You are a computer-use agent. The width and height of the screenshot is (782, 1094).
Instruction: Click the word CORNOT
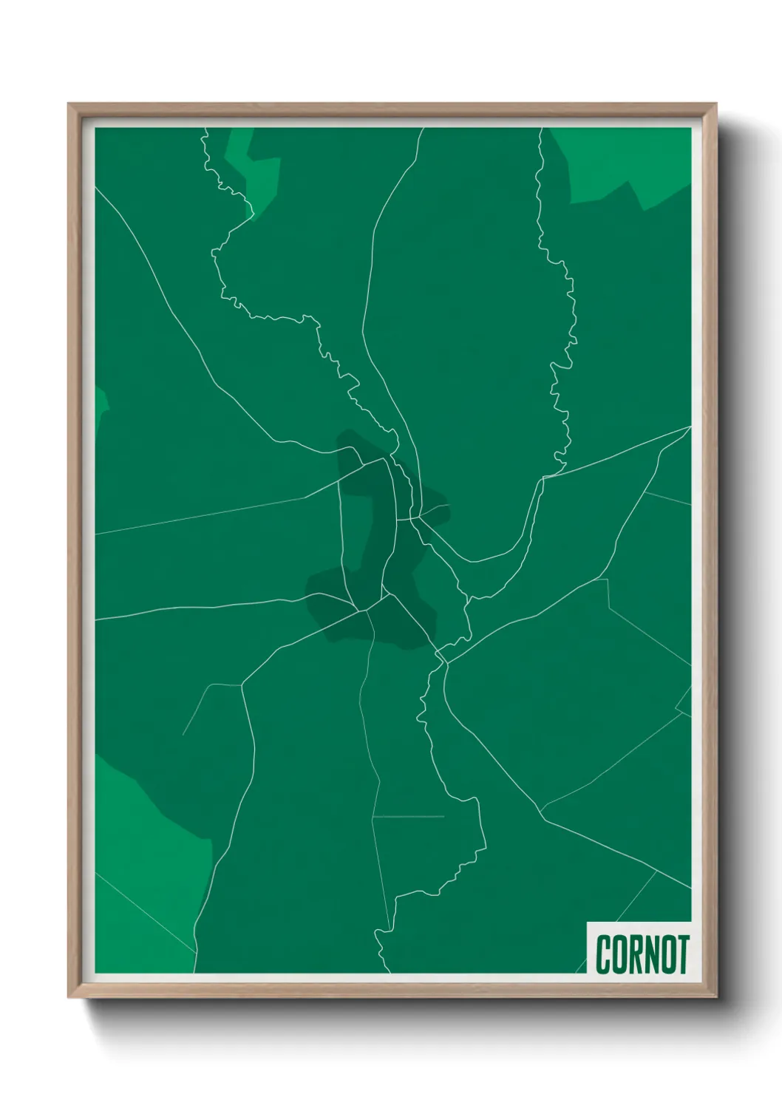tap(642, 954)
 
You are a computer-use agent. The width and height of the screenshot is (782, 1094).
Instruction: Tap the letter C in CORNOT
tap(603, 954)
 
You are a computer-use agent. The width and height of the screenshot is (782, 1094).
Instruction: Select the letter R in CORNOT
tap(635, 954)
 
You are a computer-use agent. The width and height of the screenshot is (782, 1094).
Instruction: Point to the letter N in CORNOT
tap(651, 954)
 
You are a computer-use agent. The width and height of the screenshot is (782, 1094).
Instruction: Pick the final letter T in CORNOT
tap(682, 954)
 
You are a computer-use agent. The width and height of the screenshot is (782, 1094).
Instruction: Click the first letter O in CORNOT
tap(619, 954)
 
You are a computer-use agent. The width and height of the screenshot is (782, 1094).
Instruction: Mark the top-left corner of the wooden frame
tap(69, 104)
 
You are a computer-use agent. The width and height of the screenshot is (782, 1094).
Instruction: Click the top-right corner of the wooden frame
tap(715, 104)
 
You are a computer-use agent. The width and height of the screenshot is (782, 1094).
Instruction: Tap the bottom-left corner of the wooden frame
tap(69, 997)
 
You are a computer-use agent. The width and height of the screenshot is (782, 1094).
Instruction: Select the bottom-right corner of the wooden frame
tap(715, 997)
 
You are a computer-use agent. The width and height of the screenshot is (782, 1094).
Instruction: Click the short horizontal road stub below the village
tap(408, 817)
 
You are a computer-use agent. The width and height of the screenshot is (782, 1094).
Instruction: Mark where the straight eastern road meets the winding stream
tap(544, 478)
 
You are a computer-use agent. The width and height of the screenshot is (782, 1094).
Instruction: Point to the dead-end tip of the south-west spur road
tap(183, 735)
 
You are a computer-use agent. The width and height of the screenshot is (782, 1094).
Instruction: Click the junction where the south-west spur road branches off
tap(242, 685)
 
